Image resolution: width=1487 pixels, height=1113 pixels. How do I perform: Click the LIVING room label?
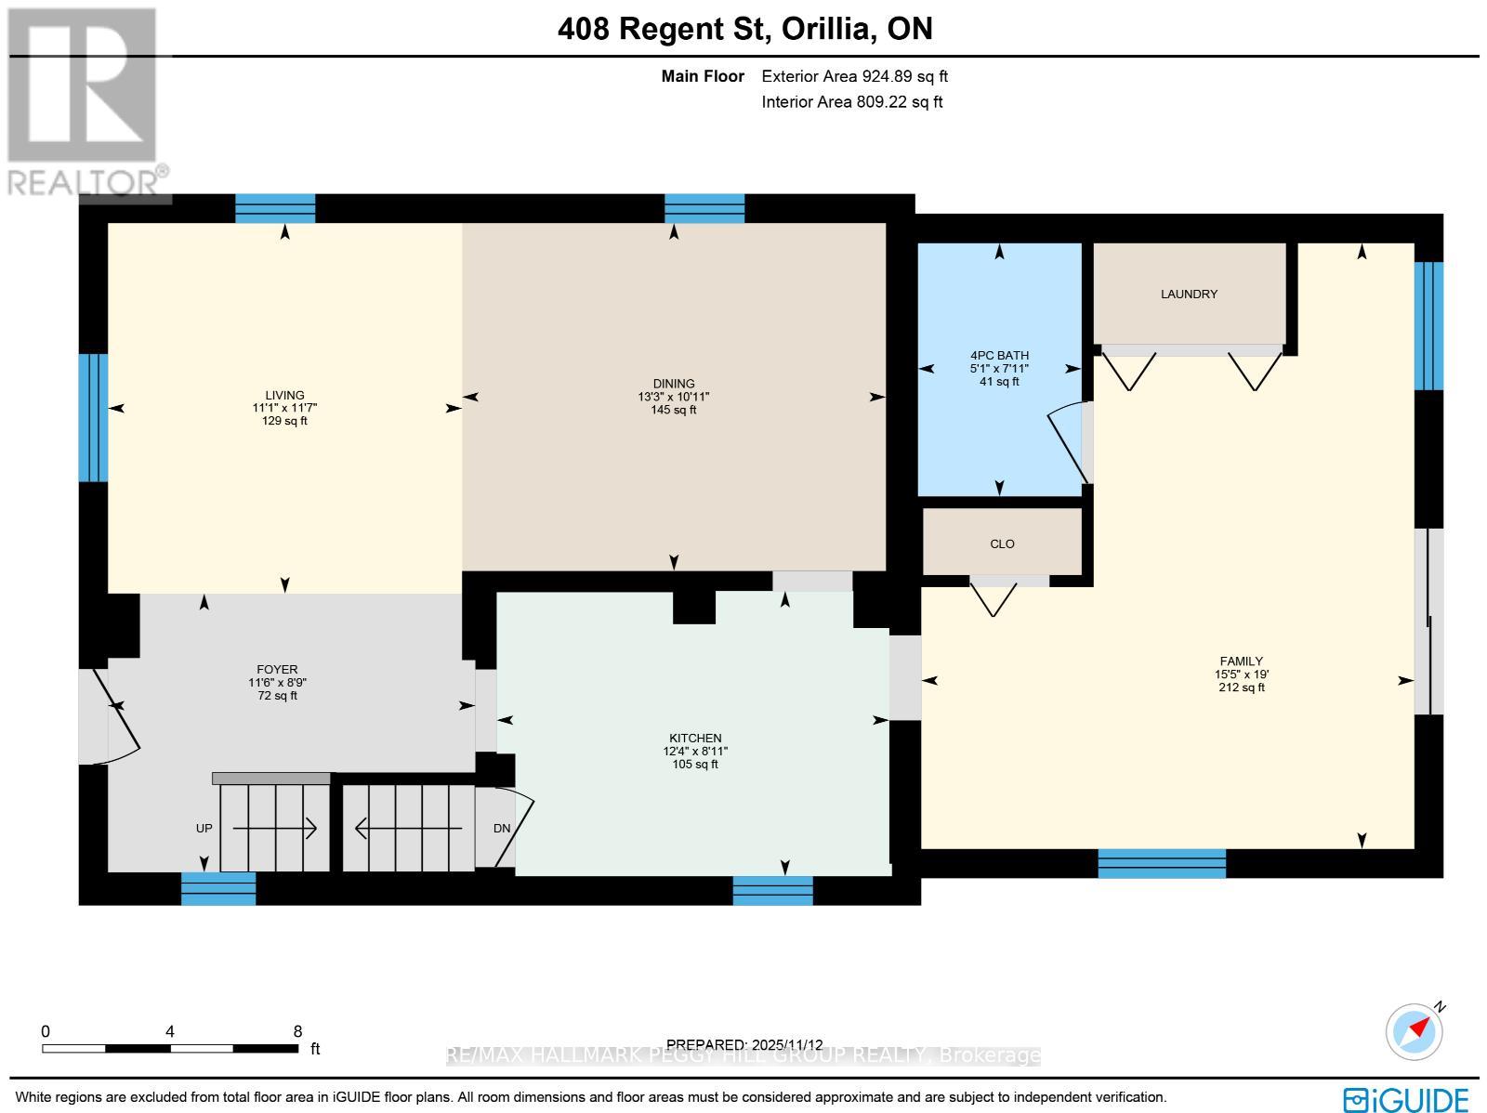pos(284,395)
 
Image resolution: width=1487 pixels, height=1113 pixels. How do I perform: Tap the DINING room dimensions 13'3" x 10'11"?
pos(673,397)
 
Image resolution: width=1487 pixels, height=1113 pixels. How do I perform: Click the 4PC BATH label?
pos(999,355)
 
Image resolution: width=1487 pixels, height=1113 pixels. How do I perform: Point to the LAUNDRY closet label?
pos(1189,295)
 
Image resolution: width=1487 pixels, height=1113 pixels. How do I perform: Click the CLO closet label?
pos(1002,543)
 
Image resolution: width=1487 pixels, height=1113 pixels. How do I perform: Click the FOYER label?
pos(277,669)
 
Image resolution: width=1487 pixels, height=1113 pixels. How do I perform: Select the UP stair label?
pos(204,828)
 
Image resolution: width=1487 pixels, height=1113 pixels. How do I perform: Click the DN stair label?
pos(502,828)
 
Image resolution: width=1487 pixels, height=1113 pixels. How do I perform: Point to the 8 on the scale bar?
pos(297,1031)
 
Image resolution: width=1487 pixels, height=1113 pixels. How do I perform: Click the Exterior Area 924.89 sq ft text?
pos(854,77)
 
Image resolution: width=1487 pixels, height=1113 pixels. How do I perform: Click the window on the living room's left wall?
pos(93,418)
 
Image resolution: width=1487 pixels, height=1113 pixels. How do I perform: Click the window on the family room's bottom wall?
pos(1162,863)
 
